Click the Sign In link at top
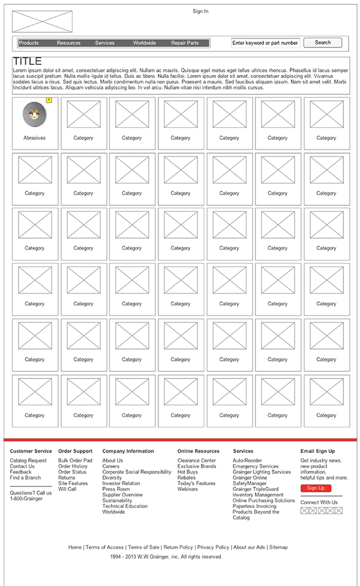(x=200, y=11)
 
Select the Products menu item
(x=29, y=43)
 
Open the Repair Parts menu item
(x=185, y=43)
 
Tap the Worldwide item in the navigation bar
(x=145, y=43)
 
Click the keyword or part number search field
(x=265, y=43)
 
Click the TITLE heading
(x=28, y=61)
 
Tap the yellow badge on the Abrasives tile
(x=49, y=100)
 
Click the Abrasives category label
(x=34, y=138)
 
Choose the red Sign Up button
(x=316, y=489)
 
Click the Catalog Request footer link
(x=28, y=461)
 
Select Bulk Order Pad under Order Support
(x=75, y=461)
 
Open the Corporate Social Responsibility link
(x=137, y=472)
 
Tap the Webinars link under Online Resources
(x=187, y=489)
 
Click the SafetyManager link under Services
(x=250, y=483)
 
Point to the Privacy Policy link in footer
(x=213, y=548)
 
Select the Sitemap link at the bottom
(x=278, y=548)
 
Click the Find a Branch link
(x=25, y=478)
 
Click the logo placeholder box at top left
(x=42, y=22)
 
